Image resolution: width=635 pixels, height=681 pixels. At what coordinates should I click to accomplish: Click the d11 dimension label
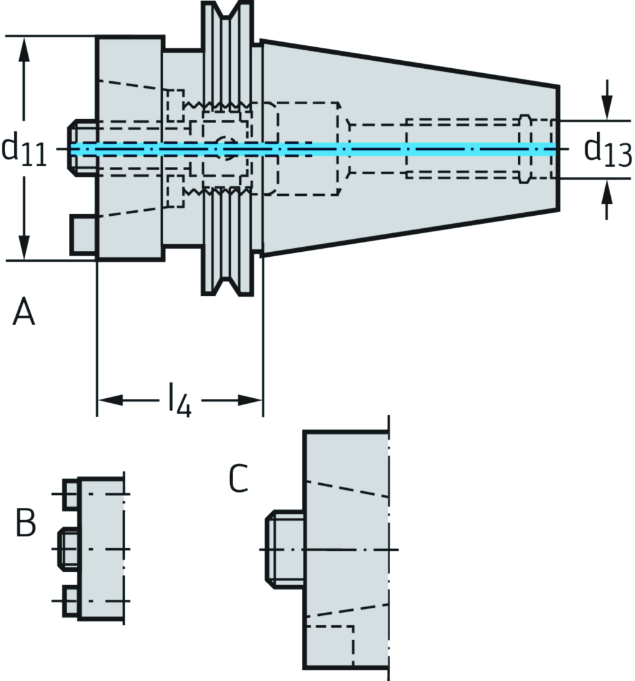[x=24, y=149]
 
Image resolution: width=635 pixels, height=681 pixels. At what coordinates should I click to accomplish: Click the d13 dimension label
[x=608, y=150]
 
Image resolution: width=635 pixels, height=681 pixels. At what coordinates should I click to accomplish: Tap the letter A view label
[x=24, y=311]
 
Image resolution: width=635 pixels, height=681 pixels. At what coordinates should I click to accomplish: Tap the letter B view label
[x=25, y=523]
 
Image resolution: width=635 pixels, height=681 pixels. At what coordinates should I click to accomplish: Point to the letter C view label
[x=238, y=478]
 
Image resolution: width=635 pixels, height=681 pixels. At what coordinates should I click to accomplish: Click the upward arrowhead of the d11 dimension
[x=24, y=50]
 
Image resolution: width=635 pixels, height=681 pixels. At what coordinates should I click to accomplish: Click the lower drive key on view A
[x=82, y=234]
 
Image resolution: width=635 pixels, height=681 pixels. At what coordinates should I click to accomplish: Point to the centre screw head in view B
[x=68, y=549]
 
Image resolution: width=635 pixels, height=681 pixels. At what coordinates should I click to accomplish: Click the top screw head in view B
[x=70, y=494]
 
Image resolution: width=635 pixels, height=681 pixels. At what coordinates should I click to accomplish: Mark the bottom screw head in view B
[x=70, y=601]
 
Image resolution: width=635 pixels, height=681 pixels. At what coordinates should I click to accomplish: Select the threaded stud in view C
[x=285, y=549]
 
